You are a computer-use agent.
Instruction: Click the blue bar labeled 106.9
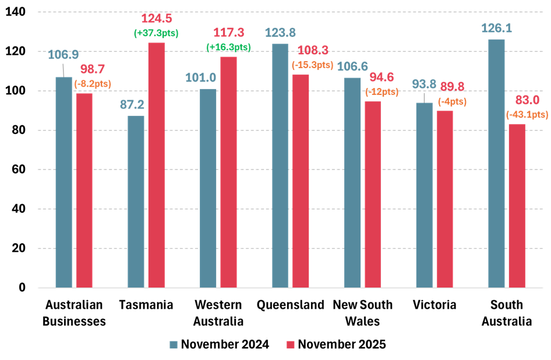click(63, 182)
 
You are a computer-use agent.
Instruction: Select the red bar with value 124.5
click(156, 165)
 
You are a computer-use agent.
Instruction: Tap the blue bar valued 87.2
click(136, 201)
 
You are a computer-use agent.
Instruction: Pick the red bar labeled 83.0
click(517, 206)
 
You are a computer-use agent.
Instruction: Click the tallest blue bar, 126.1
click(496, 163)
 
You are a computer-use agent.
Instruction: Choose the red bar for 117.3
click(228, 172)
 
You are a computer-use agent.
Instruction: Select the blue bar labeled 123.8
click(280, 165)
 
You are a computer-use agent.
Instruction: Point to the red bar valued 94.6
click(373, 194)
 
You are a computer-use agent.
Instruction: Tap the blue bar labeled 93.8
click(424, 195)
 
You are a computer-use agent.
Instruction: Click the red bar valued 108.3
click(301, 181)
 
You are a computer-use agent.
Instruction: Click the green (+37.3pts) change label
click(156, 33)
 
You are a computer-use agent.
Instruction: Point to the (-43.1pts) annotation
click(527, 115)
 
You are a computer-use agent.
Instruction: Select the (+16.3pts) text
click(228, 47)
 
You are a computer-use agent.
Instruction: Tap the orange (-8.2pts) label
click(93, 84)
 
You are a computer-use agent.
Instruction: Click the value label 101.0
click(200, 77)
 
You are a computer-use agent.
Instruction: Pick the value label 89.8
click(452, 87)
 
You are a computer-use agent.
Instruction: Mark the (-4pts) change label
click(452, 101)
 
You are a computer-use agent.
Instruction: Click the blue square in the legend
click(174, 345)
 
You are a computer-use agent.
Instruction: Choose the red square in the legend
click(291, 345)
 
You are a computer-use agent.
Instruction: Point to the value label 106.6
click(352, 66)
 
